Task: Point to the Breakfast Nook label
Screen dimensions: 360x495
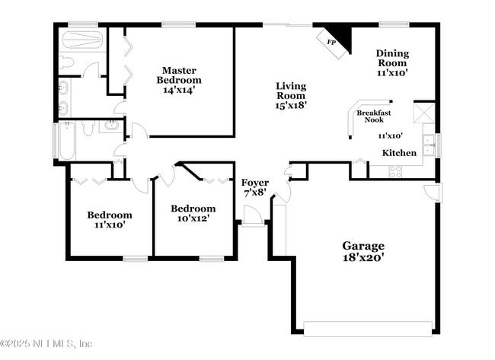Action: pyautogui.click(x=371, y=116)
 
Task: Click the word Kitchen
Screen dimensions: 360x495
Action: pyautogui.click(x=399, y=153)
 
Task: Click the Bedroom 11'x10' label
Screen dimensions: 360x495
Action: pyautogui.click(x=109, y=219)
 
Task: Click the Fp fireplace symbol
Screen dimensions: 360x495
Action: pyautogui.click(x=332, y=42)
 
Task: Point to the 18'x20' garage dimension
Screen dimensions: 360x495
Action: pyautogui.click(x=362, y=258)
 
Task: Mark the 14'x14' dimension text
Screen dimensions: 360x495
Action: pyautogui.click(x=179, y=90)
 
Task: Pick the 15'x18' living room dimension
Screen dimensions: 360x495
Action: pyautogui.click(x=290, y=107)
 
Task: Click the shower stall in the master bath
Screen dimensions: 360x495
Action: pyautogui.click(x=80, y=40)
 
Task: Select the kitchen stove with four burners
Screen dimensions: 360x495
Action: pyautogui.click(x=395, y=171)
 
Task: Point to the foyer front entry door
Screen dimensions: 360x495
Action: pyautogui.click(x=252, y=220)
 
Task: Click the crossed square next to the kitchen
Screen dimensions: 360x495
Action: pyautogui.click(x=423, y=113)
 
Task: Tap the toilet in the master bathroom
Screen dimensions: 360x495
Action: pyautogui.click(x=66, y=62)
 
